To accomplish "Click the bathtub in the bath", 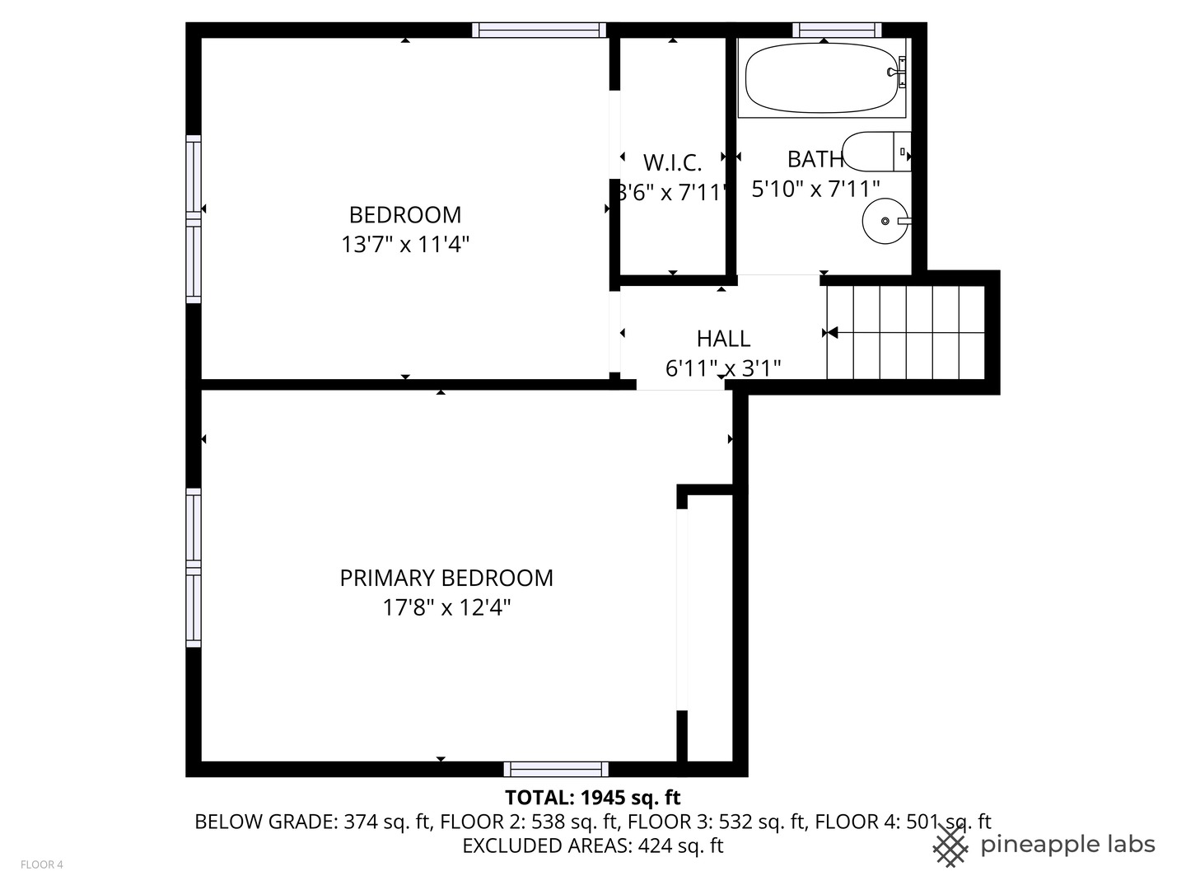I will (822, 78).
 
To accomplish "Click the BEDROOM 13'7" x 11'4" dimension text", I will (405, 245).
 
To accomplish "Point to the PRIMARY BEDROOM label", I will (446, 578).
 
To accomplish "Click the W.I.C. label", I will (672, 162).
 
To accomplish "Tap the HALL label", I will (723, 339).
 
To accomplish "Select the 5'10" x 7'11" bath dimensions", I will (815, 190).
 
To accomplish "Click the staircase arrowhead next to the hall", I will (832, 333).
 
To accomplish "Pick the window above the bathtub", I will (837, 30).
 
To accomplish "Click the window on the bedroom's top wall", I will (539, 30).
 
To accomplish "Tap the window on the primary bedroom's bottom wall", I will (556, 770).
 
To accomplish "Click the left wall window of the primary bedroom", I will (194, 568).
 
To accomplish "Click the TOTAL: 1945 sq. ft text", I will (592, 798).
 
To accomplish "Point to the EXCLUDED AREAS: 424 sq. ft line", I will (592, 845).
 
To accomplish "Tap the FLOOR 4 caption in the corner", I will (41, 864).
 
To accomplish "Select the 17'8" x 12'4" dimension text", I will (446, 608).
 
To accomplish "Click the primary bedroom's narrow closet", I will (709, 626).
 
